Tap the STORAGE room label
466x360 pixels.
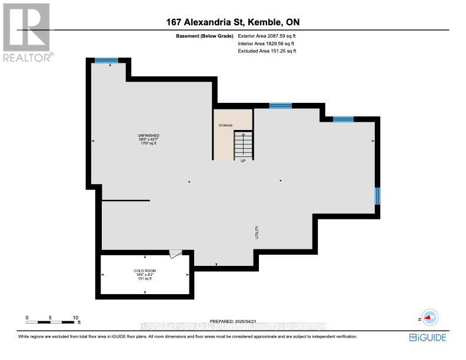(x=225, y=125)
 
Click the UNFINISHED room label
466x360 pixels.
(x=149, y=135)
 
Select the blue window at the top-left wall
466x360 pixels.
(x=106, y=60)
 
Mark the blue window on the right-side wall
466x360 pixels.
(x=377, y=195)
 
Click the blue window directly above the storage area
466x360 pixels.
(x=281, y=106)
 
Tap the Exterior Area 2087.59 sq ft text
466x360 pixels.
(x=267, y=36)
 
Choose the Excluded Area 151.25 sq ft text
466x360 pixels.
(x=267, y=51)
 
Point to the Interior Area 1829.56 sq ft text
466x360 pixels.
(x=267, y=44)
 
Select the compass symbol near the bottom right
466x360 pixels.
(x=430, y=318)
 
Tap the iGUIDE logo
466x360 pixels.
(x=428, y=337)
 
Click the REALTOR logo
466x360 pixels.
(x=27, y=32)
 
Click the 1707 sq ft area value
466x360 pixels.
(x=149, y=144)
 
